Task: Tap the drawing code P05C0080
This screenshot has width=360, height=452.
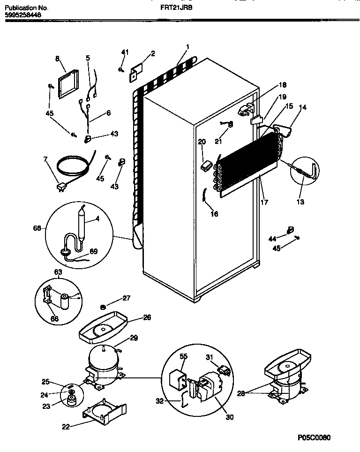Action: pyautogui.click(x=314, y=438)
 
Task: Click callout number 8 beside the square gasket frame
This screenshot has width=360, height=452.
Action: pyautogui.click(x=57, y=59)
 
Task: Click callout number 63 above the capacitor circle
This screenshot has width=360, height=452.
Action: pyautogui.click(x=58, y=271)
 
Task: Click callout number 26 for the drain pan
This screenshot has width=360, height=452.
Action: pyautogui.click(x=147, y=317)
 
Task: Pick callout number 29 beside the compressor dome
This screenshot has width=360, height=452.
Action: pyautogui.click(x=134, y=338)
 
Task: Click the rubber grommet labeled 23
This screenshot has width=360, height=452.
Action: pyautogui.click(x=72, y=401)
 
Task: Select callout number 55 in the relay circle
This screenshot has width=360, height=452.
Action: pyautogui.click(x=183, y=356)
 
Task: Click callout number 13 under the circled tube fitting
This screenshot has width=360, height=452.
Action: pyautogui.click(x=300, y=202)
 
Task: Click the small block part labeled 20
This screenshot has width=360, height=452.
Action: pyautogui.click(x=205, y=166)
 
